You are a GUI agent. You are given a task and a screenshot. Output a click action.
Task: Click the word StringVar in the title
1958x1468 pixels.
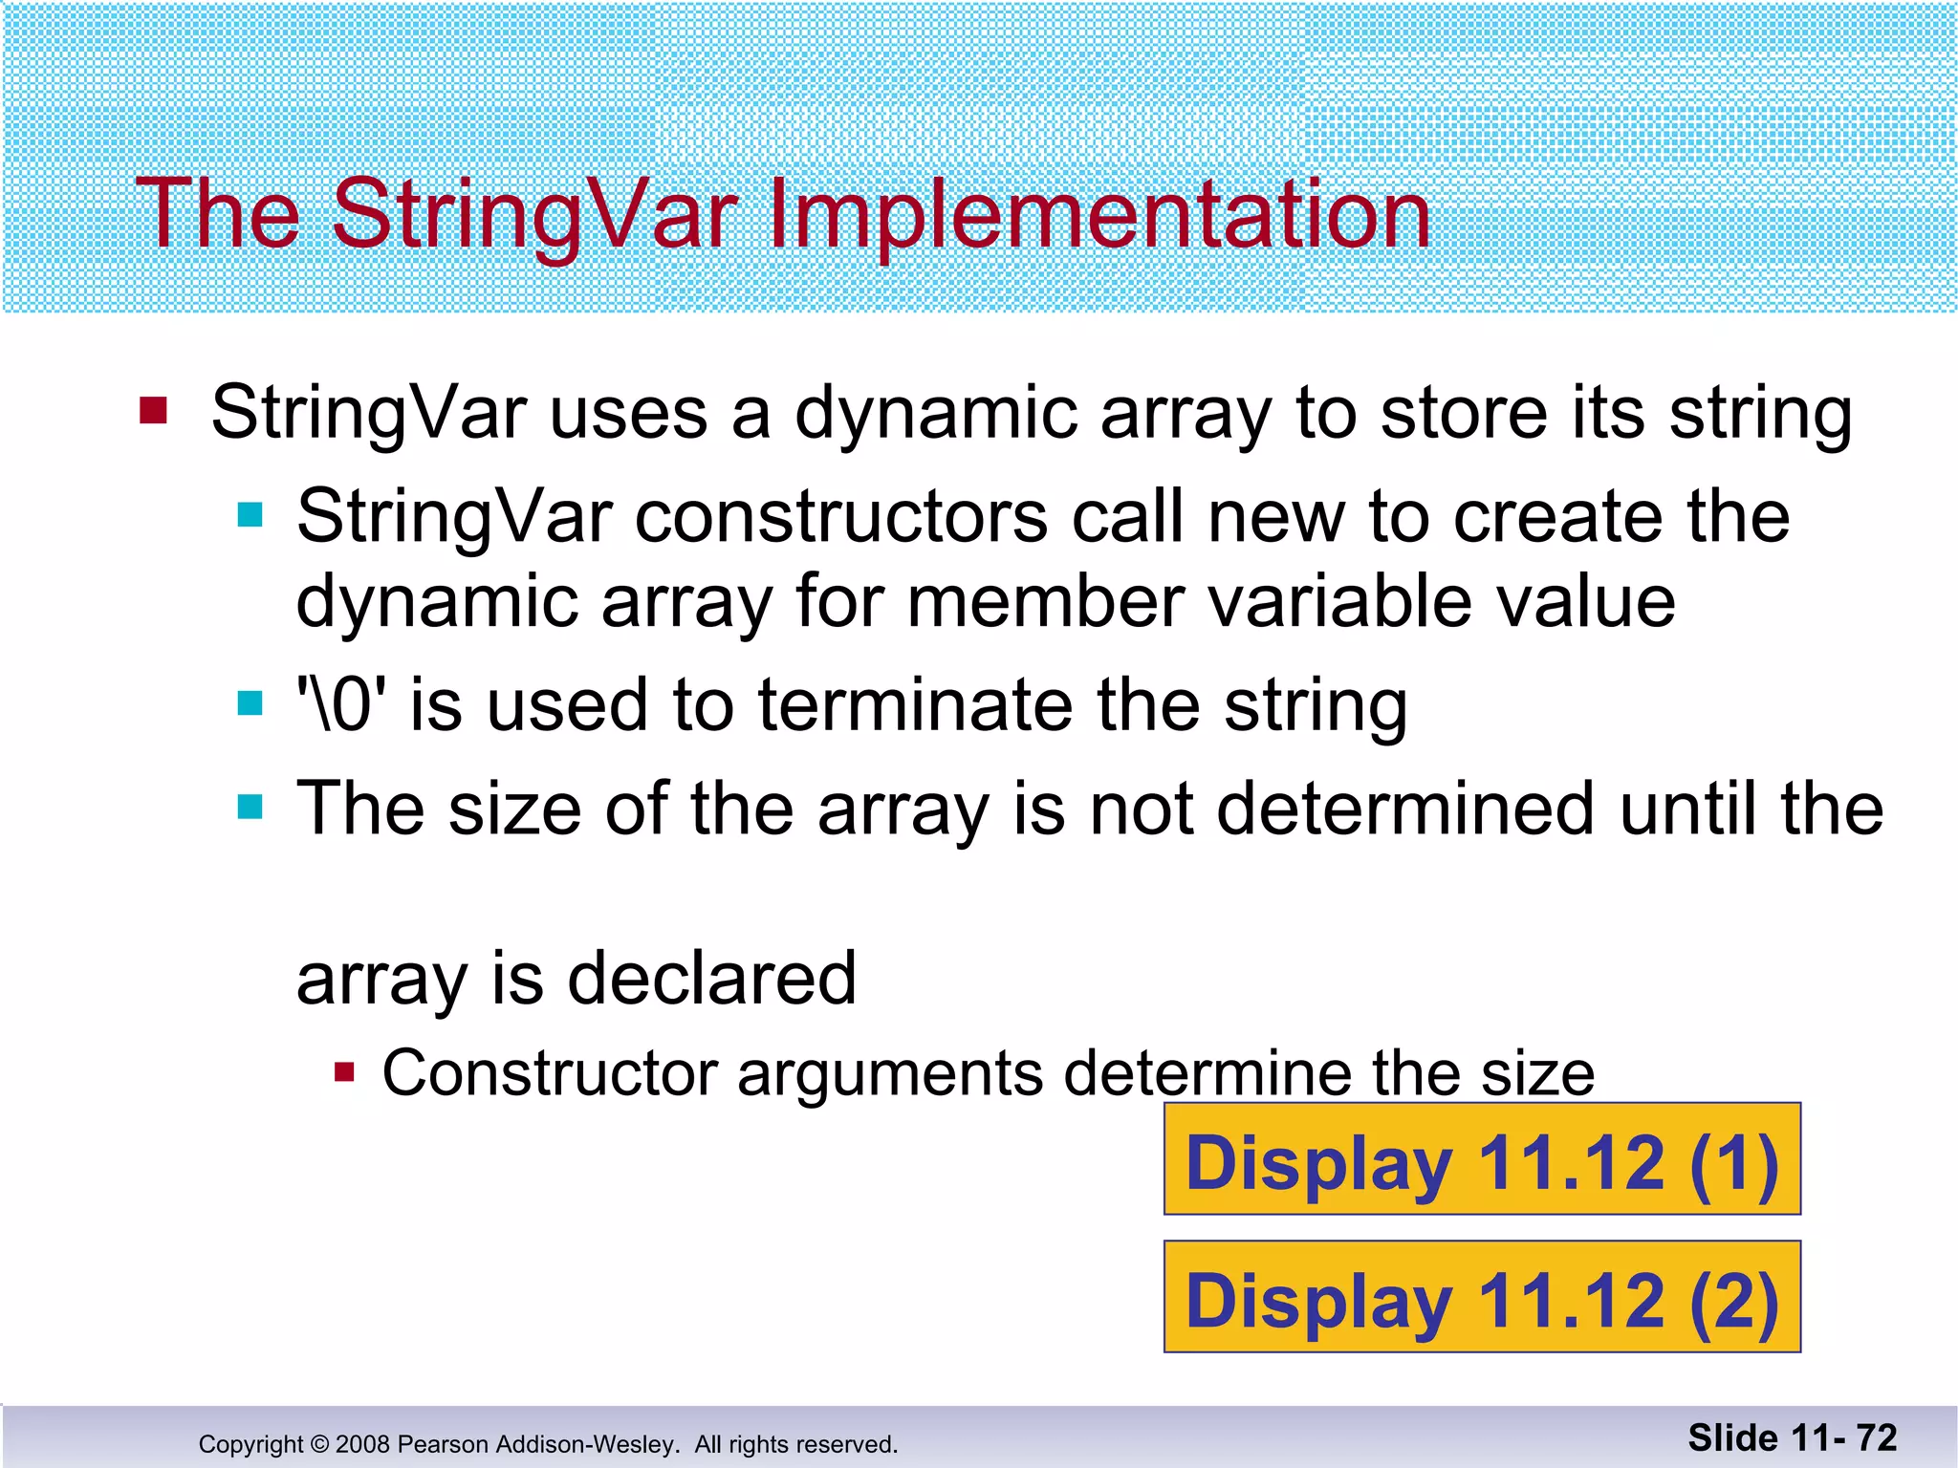point(535,216)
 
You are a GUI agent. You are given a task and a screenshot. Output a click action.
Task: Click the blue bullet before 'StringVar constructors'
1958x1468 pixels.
point(250,516)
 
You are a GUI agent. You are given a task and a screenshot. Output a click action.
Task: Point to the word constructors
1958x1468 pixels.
point(841,517)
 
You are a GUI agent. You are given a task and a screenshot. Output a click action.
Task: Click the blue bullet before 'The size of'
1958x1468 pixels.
point(250,808)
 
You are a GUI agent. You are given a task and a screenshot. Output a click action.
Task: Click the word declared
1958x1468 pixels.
point(711,979)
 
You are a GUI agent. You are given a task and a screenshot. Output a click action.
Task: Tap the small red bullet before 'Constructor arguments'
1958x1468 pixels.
point(344,1072)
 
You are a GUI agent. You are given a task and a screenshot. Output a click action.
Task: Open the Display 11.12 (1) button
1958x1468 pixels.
point(1481,1159)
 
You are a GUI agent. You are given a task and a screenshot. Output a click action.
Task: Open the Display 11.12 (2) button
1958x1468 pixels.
point(1481,1297)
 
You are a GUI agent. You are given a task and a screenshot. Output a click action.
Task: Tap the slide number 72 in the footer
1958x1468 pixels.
point(1876,1438)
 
